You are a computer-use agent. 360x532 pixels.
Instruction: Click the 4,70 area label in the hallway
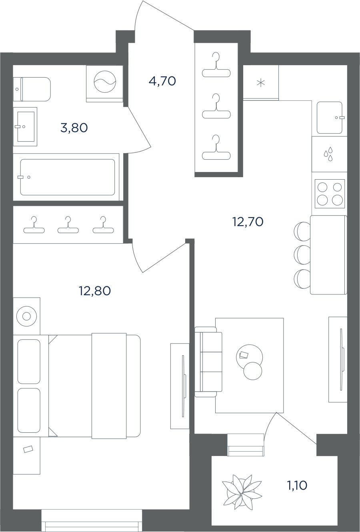click(162, 81)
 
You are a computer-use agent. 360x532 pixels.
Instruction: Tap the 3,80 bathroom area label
click(74, 128)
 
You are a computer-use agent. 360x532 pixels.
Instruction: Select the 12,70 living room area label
click(248, 222)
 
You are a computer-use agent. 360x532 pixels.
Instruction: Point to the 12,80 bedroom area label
click(95, 291)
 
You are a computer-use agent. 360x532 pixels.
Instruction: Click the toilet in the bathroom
click(32, 89)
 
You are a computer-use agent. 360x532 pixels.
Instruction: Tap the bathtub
click(68, 177)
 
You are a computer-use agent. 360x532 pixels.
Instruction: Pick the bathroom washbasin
click(25, 126)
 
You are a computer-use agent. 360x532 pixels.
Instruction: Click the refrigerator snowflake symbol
click(261, 83)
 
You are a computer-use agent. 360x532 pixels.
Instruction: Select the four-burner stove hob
click(330, 194)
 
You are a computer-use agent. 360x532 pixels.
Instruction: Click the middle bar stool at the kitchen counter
click(302, 255)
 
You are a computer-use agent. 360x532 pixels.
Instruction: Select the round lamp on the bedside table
click(26, 316)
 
